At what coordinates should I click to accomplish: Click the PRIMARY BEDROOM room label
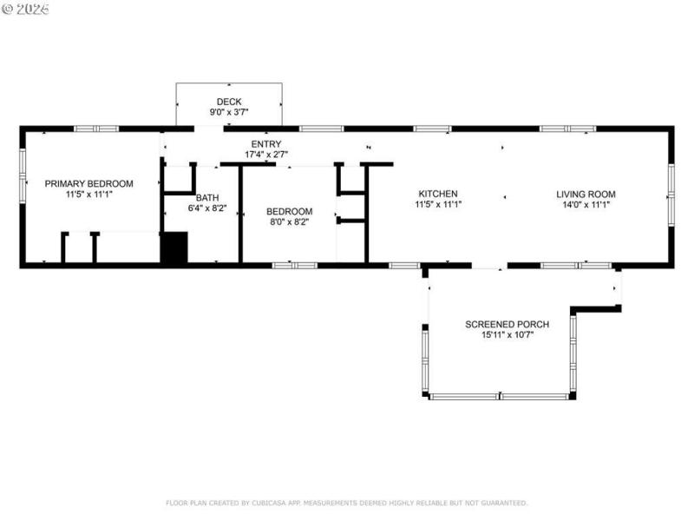(88, 183)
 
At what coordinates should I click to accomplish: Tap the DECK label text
(229, 102)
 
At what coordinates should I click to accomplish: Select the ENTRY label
(265, 144)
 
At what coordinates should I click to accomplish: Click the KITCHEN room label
(437, 194)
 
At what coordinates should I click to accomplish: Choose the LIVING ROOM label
(586, 194)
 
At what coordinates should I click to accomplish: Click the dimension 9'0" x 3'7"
(229, 112)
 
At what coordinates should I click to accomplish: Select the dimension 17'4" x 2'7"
(265, 155)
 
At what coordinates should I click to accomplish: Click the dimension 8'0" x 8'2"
(288, 222)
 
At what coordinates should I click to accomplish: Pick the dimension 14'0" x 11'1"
(586, 205)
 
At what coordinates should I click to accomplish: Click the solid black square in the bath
(175, 247)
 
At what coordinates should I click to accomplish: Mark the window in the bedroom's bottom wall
(294, 265)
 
